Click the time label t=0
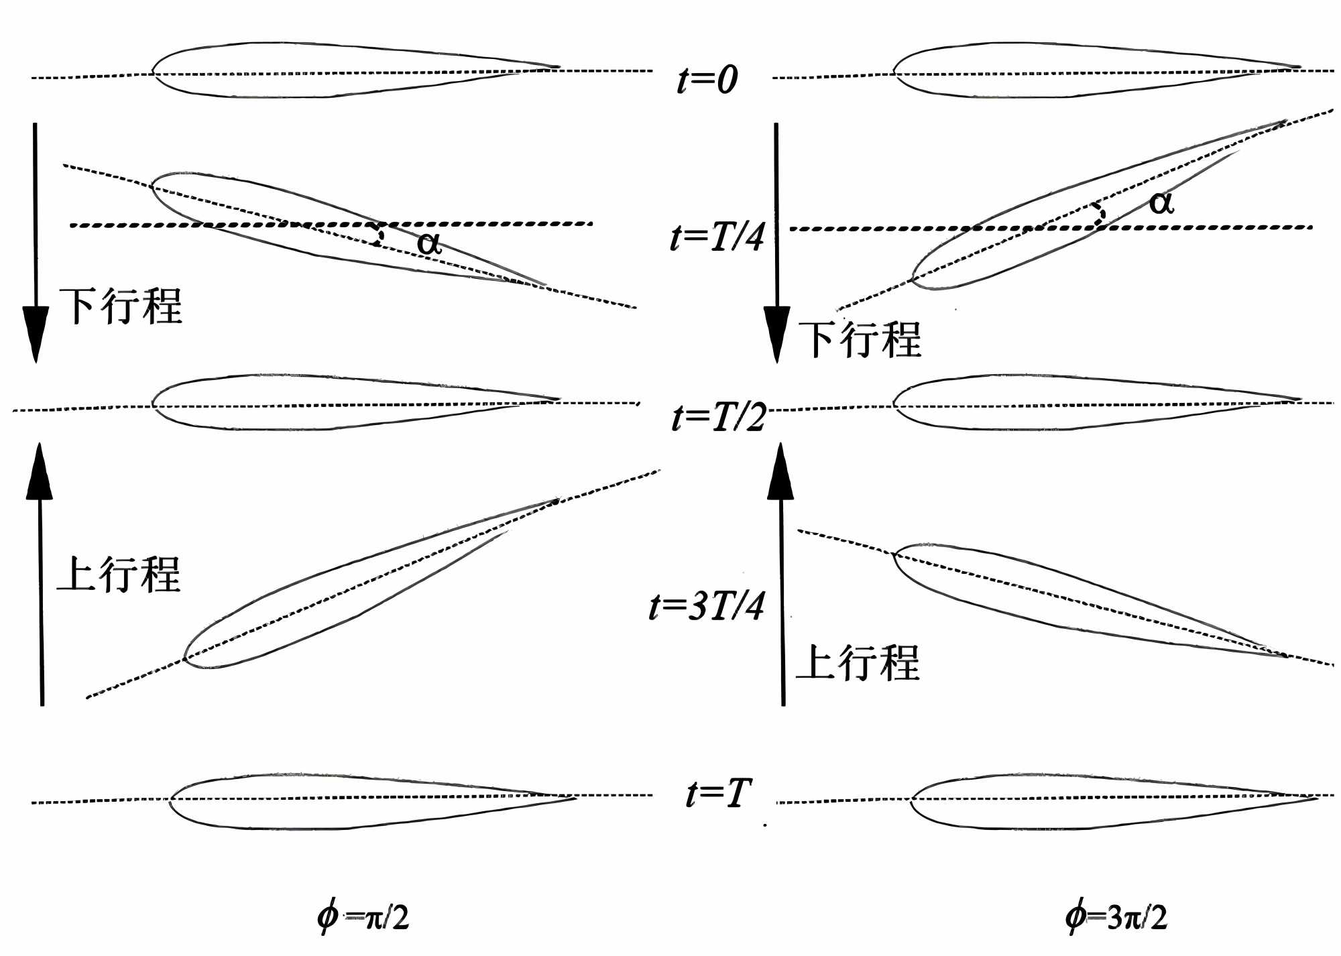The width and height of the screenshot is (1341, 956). [707, 80]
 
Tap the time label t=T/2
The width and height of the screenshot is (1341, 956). [718, 417]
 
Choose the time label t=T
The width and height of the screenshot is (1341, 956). [718, 794]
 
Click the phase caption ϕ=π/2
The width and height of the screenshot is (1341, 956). [363, 916]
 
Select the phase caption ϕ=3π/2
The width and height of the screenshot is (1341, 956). [1116, 916]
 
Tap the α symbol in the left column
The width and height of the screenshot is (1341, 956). [429, 243]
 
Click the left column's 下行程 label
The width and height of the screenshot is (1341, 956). [121, 306]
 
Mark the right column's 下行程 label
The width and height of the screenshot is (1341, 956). [860, 339]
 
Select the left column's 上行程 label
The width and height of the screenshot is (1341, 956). [119, 575]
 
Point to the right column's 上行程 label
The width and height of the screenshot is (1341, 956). [858, 663]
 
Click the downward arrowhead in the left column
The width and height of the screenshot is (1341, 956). [36, 332]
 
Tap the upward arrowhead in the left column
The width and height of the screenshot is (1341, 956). [40, 473]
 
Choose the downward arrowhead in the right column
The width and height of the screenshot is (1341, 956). [777, 332]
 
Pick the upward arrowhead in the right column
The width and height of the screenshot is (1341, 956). [780, 473]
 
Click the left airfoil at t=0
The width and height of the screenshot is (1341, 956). [335, 70]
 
